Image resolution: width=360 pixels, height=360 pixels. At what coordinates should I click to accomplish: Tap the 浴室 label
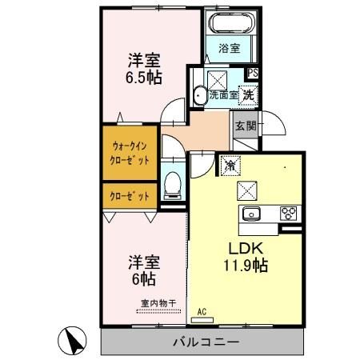tap(230, 48)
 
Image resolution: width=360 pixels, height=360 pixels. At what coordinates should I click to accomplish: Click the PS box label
tap(253, 73)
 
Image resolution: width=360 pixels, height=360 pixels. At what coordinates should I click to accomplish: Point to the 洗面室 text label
tap(223, 94)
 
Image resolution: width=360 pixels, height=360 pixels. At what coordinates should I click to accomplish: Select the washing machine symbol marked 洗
tap(248, 93)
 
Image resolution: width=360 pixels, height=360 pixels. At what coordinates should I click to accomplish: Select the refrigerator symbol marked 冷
tap(230, 166)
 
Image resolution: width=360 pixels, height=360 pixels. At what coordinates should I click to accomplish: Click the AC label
tap(202, 311)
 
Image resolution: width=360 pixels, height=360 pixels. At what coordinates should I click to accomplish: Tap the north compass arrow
tap(74, 342)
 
